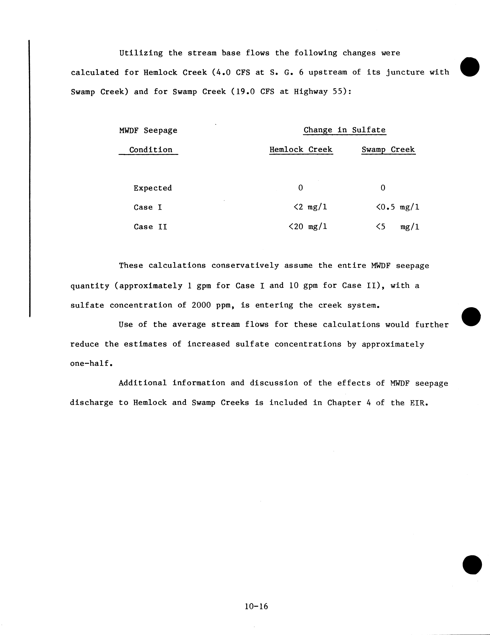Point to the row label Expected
pyautogui.click(x=153, y=188)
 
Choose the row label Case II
pyautogui.click(x=150, y=227)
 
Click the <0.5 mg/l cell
pyautogui.click(x=397, y=207)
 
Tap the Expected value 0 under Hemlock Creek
pyautogui.click(x=300, y=188)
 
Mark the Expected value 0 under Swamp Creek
pyautogui.click(x=383, y=188)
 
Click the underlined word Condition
pyautogui.click(x=150, y=150)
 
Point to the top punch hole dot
pyautogui.click(x=470, y=67)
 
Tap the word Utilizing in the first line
pyautogui.click(x=141, y=53)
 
